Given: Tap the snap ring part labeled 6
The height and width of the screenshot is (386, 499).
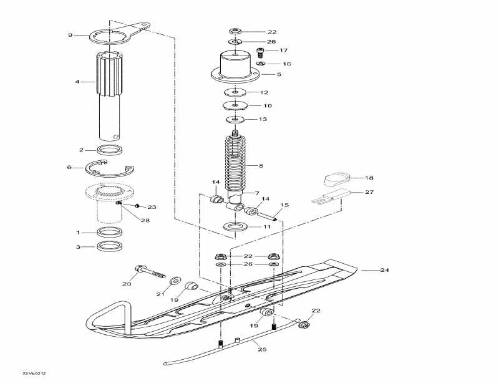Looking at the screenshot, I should [x=110, y=168].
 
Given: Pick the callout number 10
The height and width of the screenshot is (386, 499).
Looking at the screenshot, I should [x=267, y=105].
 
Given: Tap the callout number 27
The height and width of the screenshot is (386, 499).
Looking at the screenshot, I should [x=369, y=193].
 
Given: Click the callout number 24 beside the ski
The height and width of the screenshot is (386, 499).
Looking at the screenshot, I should [x=384, y=271].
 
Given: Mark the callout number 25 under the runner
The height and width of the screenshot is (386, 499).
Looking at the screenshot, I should [x=262, y=350].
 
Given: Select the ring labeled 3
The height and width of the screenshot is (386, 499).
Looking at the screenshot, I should [x=110, y=246].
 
